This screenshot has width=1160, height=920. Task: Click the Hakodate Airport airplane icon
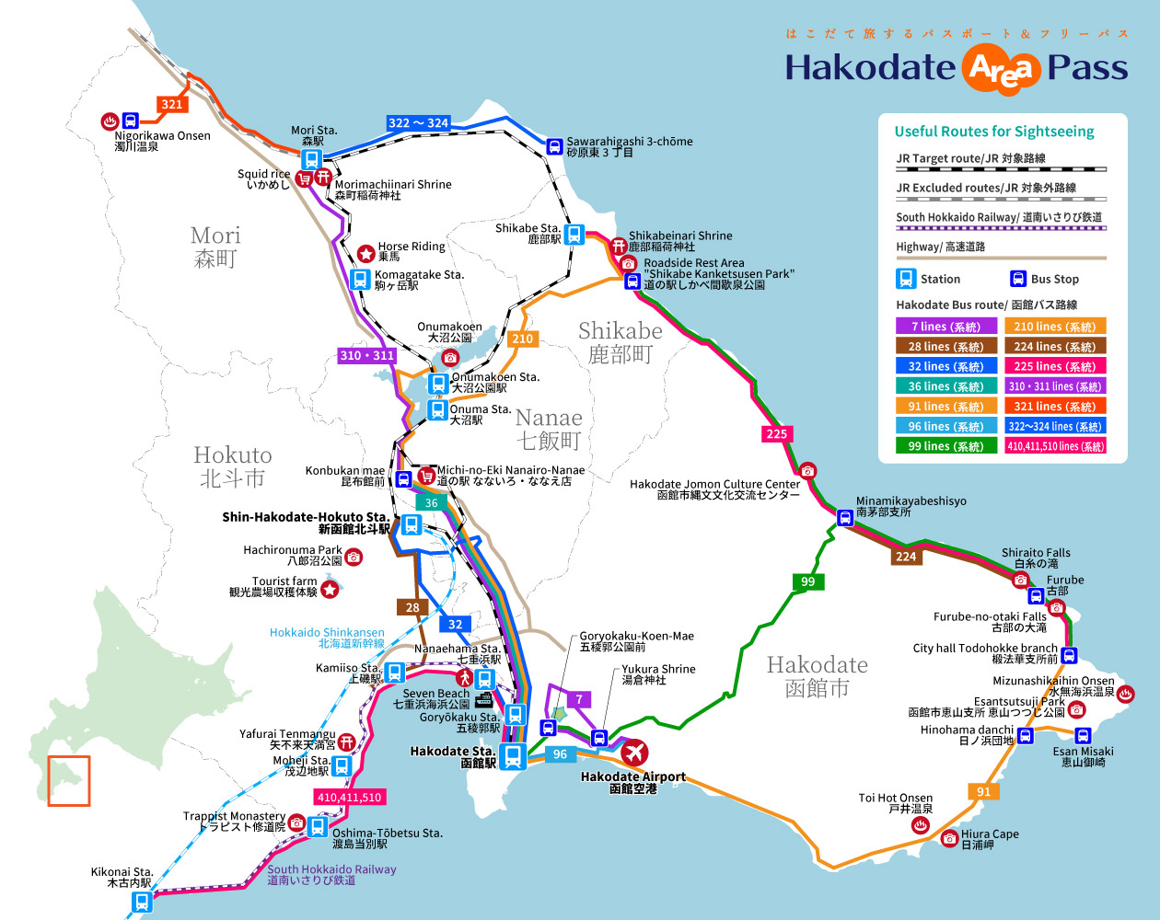click(x=633, y=753)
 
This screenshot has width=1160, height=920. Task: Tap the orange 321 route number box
click(x=172, y=104)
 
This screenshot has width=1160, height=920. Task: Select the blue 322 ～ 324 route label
click(x=418, y=122)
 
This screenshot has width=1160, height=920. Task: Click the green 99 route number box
click(x=807, y=581)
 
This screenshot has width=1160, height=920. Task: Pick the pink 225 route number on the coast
click(x=776, y=434)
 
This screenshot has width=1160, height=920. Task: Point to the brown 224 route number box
click(x=906, y=556)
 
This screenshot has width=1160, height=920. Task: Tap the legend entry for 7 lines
click(x=945, y=327)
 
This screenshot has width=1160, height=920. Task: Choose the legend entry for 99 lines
click(x=945, y=446)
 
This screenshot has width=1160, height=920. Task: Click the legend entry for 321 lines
click(x=1054, y=407)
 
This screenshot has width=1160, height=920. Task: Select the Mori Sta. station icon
click(x=312, y=159)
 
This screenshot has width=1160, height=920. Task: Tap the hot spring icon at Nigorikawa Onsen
click(x=109, y=121)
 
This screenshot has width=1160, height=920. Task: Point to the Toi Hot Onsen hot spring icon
click(x=919, y=826)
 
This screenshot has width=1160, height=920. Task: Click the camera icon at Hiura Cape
click(x=949, y=838)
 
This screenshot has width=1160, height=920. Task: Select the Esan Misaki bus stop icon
click(x=1083, y=735)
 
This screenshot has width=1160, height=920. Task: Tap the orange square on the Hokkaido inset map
click(x=69, y=781)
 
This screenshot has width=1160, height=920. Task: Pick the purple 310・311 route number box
click(x=366, y=355)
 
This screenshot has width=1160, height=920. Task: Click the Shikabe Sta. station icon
click(x=574, y=235)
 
